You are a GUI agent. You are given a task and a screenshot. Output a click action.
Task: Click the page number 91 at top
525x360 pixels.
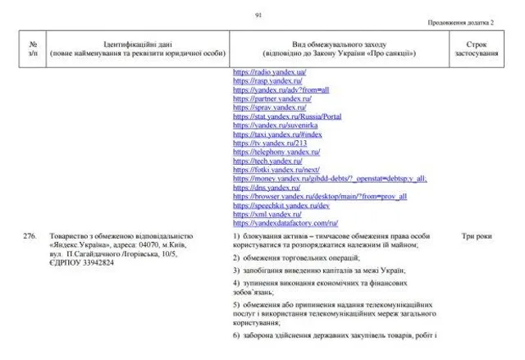pyautogui.click(x=258, y=14)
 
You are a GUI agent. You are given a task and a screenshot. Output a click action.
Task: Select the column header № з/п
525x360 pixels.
pyautogui.click(x=33, y=48)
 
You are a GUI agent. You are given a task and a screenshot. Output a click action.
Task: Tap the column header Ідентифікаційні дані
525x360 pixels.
pyautogui.click(x=136, y=48)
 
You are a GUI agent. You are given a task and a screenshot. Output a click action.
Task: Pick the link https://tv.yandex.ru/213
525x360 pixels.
pyautogui.click(x=258, y=143)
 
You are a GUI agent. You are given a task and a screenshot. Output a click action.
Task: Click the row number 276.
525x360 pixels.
pyautogui.click(x=30, y=236)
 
